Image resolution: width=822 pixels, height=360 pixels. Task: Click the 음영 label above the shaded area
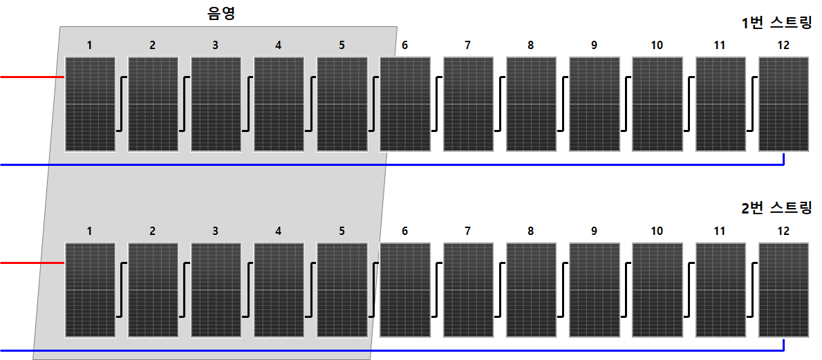[x=221, y=13]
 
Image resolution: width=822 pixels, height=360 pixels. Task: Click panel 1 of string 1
[x=90, y=104]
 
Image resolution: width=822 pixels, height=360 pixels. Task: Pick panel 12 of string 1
[x=784, y=104]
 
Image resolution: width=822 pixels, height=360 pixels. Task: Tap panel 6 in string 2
[x=405, y=290]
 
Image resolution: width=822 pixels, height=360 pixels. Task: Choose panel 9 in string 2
[x=595, y=290]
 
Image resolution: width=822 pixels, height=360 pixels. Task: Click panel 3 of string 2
[x=216, y=290]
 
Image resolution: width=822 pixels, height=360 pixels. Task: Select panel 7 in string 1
[x=468, y=104]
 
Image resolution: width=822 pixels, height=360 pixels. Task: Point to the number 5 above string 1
[x=342, y=46]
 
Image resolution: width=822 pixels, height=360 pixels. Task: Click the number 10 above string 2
[x=657, y=231]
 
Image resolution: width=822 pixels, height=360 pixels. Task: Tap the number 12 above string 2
[x=783, y=231]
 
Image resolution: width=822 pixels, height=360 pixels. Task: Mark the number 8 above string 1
[x=530, y=46]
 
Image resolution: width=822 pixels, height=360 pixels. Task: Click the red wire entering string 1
[x=32, y=77]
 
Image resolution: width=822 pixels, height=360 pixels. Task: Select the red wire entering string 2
[x=32, y=263]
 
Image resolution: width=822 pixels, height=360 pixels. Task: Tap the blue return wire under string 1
[x=391, y=164]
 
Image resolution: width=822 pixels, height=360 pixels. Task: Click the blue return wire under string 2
[x=391, y=350]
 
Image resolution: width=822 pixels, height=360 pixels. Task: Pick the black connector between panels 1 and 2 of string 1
[x=122, y=104]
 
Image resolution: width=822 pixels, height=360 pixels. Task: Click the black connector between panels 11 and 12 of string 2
[x=752, y=290]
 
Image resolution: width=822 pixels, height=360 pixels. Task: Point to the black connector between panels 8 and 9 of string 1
[x=563, y=104]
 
